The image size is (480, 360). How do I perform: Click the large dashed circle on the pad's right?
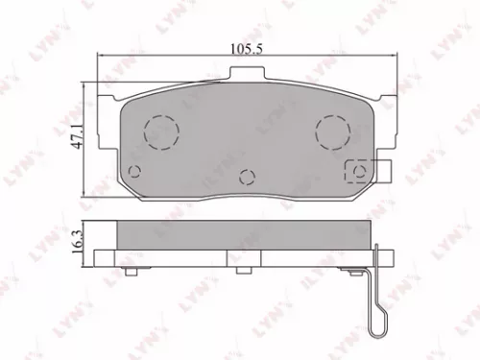click(x=333, y=129)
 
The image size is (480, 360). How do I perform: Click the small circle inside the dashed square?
click(x=358, y=172)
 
